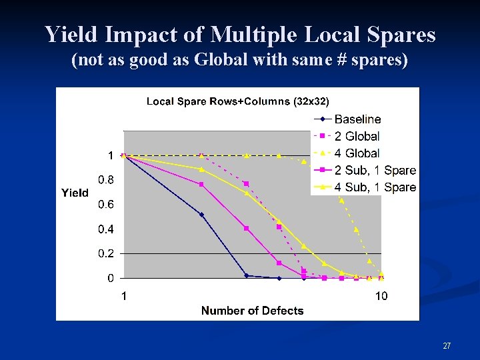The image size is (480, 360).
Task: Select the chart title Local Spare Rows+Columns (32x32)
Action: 237,101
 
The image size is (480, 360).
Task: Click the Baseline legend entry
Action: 357,119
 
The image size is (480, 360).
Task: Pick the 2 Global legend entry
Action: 357,136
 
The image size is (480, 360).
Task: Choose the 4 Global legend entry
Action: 357,153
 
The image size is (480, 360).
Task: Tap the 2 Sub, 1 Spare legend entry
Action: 375,171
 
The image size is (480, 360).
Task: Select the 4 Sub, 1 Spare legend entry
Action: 375,187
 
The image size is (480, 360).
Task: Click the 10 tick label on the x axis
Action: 381,296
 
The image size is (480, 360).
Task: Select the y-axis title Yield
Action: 75,193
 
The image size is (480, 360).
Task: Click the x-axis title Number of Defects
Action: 252,311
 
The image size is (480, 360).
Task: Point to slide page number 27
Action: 447,346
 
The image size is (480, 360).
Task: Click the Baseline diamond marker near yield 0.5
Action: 201,215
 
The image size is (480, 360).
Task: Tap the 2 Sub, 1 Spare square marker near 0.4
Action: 246,229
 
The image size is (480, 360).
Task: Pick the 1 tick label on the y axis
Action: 110,155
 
